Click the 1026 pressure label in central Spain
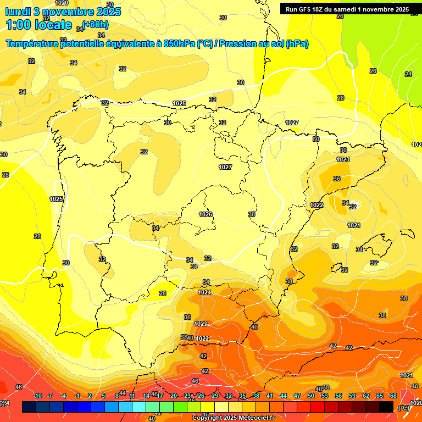(x=206, y=214)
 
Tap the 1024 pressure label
(x=204, y=293)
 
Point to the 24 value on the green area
(x=408, y=74)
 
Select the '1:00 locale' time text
(x=39, y=25)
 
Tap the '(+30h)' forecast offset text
(x=95, y=25)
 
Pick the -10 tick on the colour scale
(x=37, y=396)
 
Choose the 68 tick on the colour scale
(x=393, y=396)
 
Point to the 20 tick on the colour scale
(x=174, y=396)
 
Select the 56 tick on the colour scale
(x=338, y=396)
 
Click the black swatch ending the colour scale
(x=386, y=407)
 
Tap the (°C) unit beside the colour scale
(x=404, y=407)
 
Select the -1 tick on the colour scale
(x=77, y=396)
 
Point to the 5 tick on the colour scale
(x=104, y=396)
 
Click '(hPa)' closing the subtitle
(x=297, y=43)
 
